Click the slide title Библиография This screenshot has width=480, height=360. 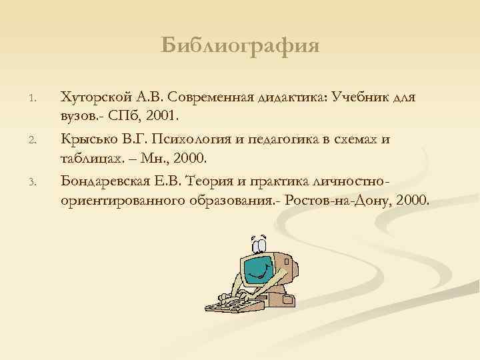[240, 46]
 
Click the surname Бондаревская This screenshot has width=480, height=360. [100, 181]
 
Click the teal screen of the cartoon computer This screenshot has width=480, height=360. [257, 270]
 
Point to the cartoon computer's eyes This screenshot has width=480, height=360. [258, 241]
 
